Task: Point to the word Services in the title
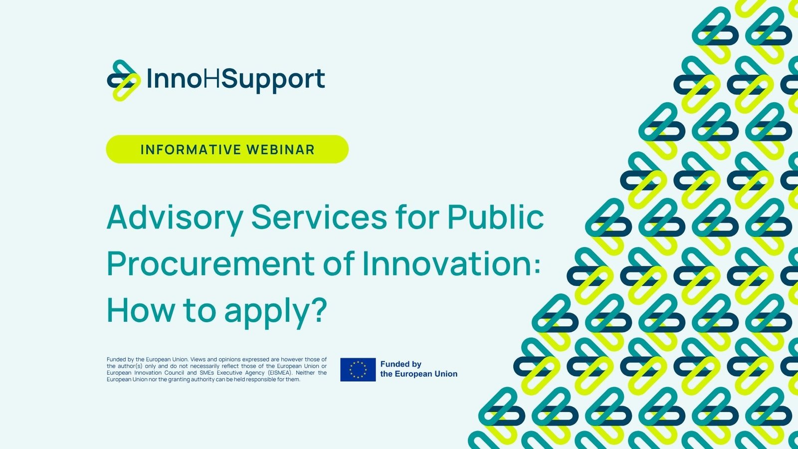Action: [319, 217]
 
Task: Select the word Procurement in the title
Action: [210, 264]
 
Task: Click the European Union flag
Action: [358, 370]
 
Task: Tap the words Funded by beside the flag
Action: [401, 364]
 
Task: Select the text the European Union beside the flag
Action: [418, 374]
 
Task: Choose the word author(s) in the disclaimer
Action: [130, 366]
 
